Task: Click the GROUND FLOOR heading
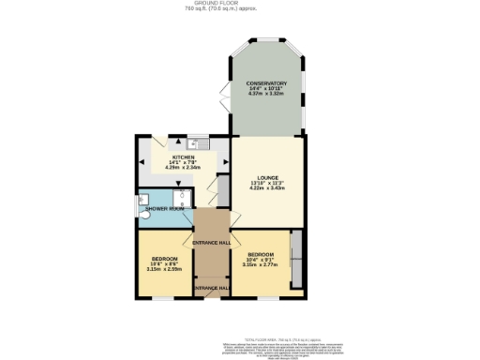(240, 3)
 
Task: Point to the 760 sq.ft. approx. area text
(240, 9)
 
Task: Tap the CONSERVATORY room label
(267, 83)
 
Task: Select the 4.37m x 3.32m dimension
(267, 95)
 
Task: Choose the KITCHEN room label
(183, 157)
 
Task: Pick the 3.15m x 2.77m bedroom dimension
(261, 264)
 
